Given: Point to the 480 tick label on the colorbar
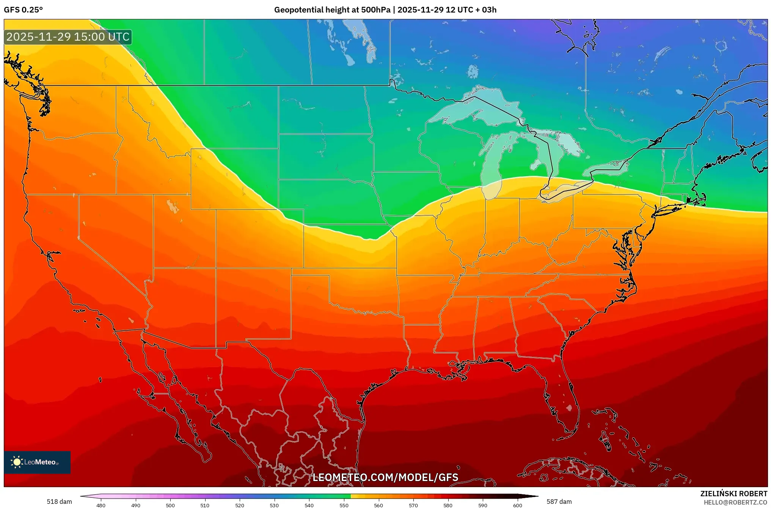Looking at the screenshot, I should click(101, 505).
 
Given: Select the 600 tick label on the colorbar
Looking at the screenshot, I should click(517, 505).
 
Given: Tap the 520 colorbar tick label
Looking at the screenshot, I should click(240, 505).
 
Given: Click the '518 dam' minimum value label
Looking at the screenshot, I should click(59, 502).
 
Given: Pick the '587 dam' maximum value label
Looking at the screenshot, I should click(559, 502).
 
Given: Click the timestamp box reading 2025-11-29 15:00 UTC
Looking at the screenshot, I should click(68, 37).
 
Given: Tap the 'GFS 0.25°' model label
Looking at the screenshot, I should click(24, 10).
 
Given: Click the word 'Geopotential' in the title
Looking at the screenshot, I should click(299, 10).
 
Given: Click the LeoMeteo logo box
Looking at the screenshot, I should click(37, 462).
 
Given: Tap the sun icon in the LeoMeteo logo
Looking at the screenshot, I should click(17, 462).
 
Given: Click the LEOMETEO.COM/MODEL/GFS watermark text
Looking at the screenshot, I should click(385, 477).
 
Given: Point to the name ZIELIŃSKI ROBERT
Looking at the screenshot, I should click(733, 494).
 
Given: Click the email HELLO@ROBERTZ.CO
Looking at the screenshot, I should click(735, 502).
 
